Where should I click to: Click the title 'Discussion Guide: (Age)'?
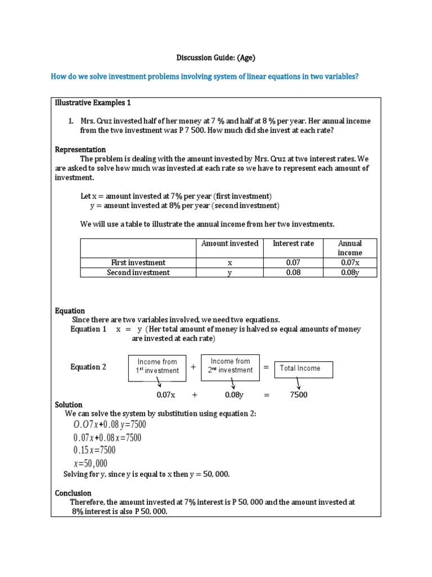coord(216,57)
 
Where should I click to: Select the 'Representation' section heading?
coord(80,149)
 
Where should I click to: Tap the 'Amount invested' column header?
coord(229,243)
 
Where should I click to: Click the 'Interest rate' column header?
coord(293,243)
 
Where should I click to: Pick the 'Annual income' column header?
coord(349,248)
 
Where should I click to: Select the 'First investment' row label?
coord(138,263)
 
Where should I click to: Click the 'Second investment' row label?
coord(138,273)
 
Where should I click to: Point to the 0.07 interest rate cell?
coord(293,263)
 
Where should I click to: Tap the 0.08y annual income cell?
coord(349,273)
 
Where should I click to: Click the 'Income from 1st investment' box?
coord(157,366)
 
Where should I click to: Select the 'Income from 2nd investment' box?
coord(230,366)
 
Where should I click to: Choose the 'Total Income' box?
coord(304,369)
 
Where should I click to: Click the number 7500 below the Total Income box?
coord(299,395)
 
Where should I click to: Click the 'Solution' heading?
coord(69,405)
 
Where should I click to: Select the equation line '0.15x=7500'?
coord(94,450)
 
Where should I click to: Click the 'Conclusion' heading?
coord(73,493)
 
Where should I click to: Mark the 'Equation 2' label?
coord(88,367)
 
